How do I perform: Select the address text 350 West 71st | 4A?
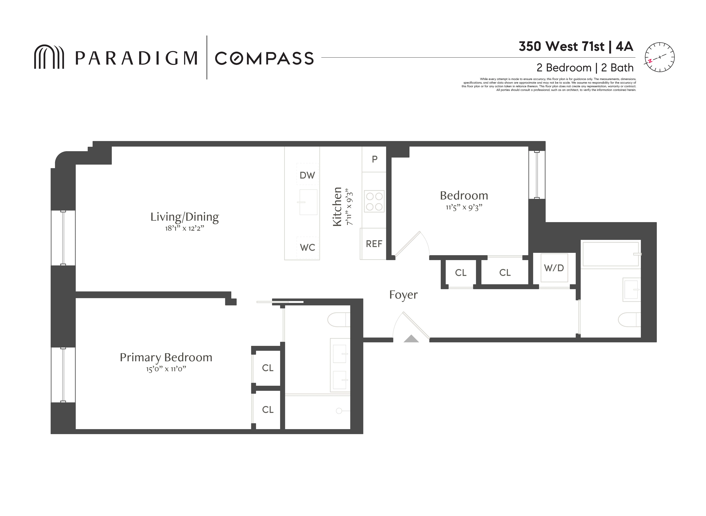pyautogui.click(x=576, y=47)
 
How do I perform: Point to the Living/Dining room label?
pyautogui.click(x=185, y=217)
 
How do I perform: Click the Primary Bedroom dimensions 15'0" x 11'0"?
pyautogui.click(x=166, y=369)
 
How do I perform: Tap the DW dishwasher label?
pyautogui.click(x=307, y=175)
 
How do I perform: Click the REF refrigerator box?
pyautogui.click(x=374, y=244)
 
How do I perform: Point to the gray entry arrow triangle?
pyautogui.click(x=411, y=339)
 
